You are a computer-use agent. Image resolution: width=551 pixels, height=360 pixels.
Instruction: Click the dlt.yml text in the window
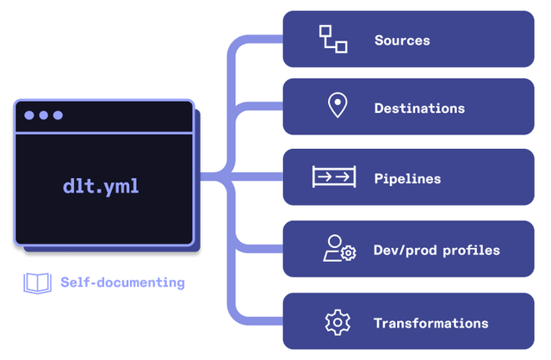click(x=101, y=186)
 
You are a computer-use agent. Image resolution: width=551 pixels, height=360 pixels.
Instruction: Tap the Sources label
click(x=402, y=40)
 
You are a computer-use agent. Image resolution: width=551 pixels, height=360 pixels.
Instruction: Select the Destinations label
click(x=419, y=109)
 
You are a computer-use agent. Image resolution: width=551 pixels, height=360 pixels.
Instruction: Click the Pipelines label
click(x=407, y=179)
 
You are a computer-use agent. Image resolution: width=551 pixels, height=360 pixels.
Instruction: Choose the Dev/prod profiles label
click(x=436, y=251)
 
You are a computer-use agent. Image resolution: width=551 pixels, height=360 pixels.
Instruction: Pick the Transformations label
click(x=430, y=324)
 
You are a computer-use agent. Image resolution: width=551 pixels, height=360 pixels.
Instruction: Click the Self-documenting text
click(x=122, y=282)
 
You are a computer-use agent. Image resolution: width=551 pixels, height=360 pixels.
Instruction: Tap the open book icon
click(x=37, y=282)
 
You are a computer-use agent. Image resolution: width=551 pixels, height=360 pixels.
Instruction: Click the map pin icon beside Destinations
click(x=337, y=107)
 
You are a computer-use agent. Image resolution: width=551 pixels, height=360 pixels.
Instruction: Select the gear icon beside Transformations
click(x=337, y=323)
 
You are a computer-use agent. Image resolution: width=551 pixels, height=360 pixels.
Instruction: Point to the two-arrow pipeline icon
click(x=334, y=178)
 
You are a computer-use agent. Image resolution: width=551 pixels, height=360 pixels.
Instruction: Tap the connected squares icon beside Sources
click(x=333, y=40)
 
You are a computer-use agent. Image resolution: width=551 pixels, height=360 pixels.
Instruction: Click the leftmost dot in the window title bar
click(x=29, y=115)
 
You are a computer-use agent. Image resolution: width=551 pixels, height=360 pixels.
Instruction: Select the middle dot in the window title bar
click(x=43, y=115)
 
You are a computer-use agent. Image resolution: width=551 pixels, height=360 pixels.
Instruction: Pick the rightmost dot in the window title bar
click(x=58, y=115)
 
